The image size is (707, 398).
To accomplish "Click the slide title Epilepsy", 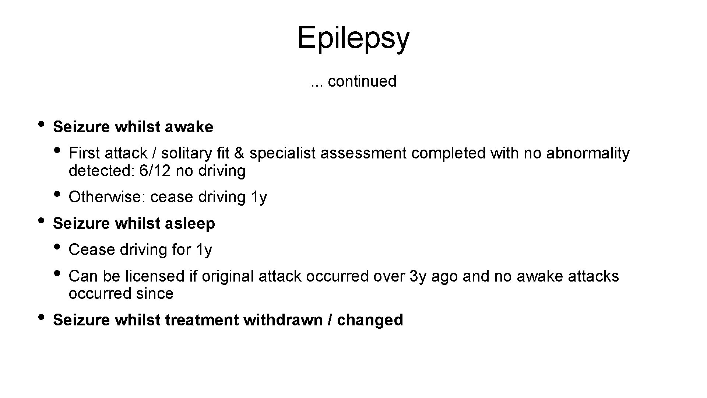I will (353, 38).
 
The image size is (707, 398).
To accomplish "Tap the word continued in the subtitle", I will (362, 81).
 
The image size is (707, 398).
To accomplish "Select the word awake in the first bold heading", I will (189, 127).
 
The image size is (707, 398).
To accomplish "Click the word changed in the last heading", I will (370, 320).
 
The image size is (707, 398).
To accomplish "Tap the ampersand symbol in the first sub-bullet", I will (239, 153).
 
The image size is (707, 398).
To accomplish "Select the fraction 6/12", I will (155, 171).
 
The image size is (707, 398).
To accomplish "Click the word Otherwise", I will (107, 197).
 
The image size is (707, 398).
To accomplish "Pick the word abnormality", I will (588, 153).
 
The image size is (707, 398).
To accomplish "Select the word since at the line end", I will (155, 294).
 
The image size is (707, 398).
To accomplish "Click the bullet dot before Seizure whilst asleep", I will (41, 220).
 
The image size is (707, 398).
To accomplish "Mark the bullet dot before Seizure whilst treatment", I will (41, 317).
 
